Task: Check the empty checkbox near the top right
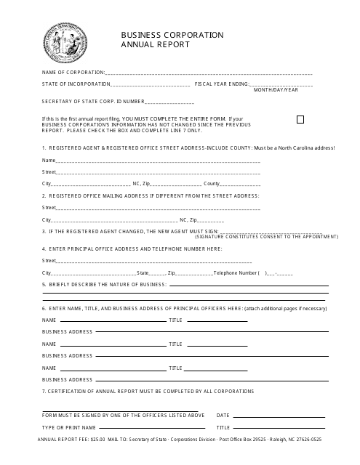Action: (x=300, y=120)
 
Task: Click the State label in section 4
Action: (x=143, y=272)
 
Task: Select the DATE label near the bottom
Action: (x=223, y=415)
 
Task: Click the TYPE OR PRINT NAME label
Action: (x=69, y=427)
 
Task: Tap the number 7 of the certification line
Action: (x=44, y=391)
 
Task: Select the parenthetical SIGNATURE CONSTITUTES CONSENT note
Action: (x=266, y=237)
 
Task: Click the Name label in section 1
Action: (x=49, y=160)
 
